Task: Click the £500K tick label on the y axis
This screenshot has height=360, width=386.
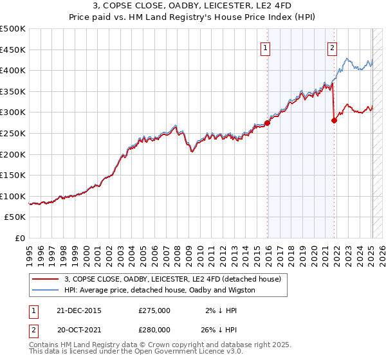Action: [x=13, y=29]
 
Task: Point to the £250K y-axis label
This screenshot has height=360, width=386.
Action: [x=13, y=133]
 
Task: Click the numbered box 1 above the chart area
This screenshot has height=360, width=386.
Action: [x=266, y=46]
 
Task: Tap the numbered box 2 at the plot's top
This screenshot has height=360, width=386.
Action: [x=332, y=46]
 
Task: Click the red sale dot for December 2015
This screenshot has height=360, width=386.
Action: [x=267, y=123]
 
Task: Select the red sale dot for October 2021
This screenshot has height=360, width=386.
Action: [x=334, y=120]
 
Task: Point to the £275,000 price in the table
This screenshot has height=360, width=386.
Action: [x=154, y=310]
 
